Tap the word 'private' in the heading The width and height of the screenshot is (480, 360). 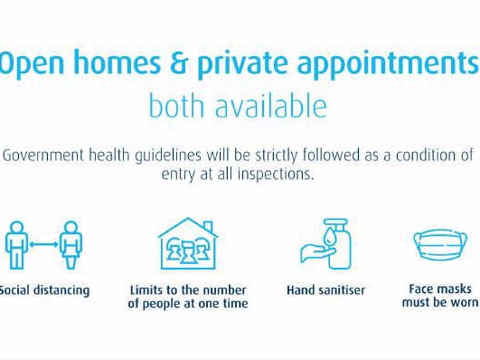click(242, 64)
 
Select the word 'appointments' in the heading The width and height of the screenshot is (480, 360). click(388, 65)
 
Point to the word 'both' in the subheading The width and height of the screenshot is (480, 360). click(176, 105)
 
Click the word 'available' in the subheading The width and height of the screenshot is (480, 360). click(271, 105)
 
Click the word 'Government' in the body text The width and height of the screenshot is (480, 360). click(42, 155)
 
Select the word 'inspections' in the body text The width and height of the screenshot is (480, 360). click(276, 175)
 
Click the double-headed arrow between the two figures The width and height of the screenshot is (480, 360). click(43, 244)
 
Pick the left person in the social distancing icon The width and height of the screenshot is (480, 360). click(16, 245)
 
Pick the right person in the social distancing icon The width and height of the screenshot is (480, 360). click(71, 245)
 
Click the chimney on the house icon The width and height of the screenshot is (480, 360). click(208, 227)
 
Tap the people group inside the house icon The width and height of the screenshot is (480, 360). click(188, 251)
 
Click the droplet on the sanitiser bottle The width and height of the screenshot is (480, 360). click(329, 237)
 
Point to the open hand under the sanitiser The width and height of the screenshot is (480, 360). click(317, 253)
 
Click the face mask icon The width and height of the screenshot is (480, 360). click(440, 244)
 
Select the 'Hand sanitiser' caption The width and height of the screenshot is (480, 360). click(325, 290)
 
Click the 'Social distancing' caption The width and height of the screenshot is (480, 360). click(44, 290)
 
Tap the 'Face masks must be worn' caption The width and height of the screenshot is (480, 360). click(440, 296)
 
